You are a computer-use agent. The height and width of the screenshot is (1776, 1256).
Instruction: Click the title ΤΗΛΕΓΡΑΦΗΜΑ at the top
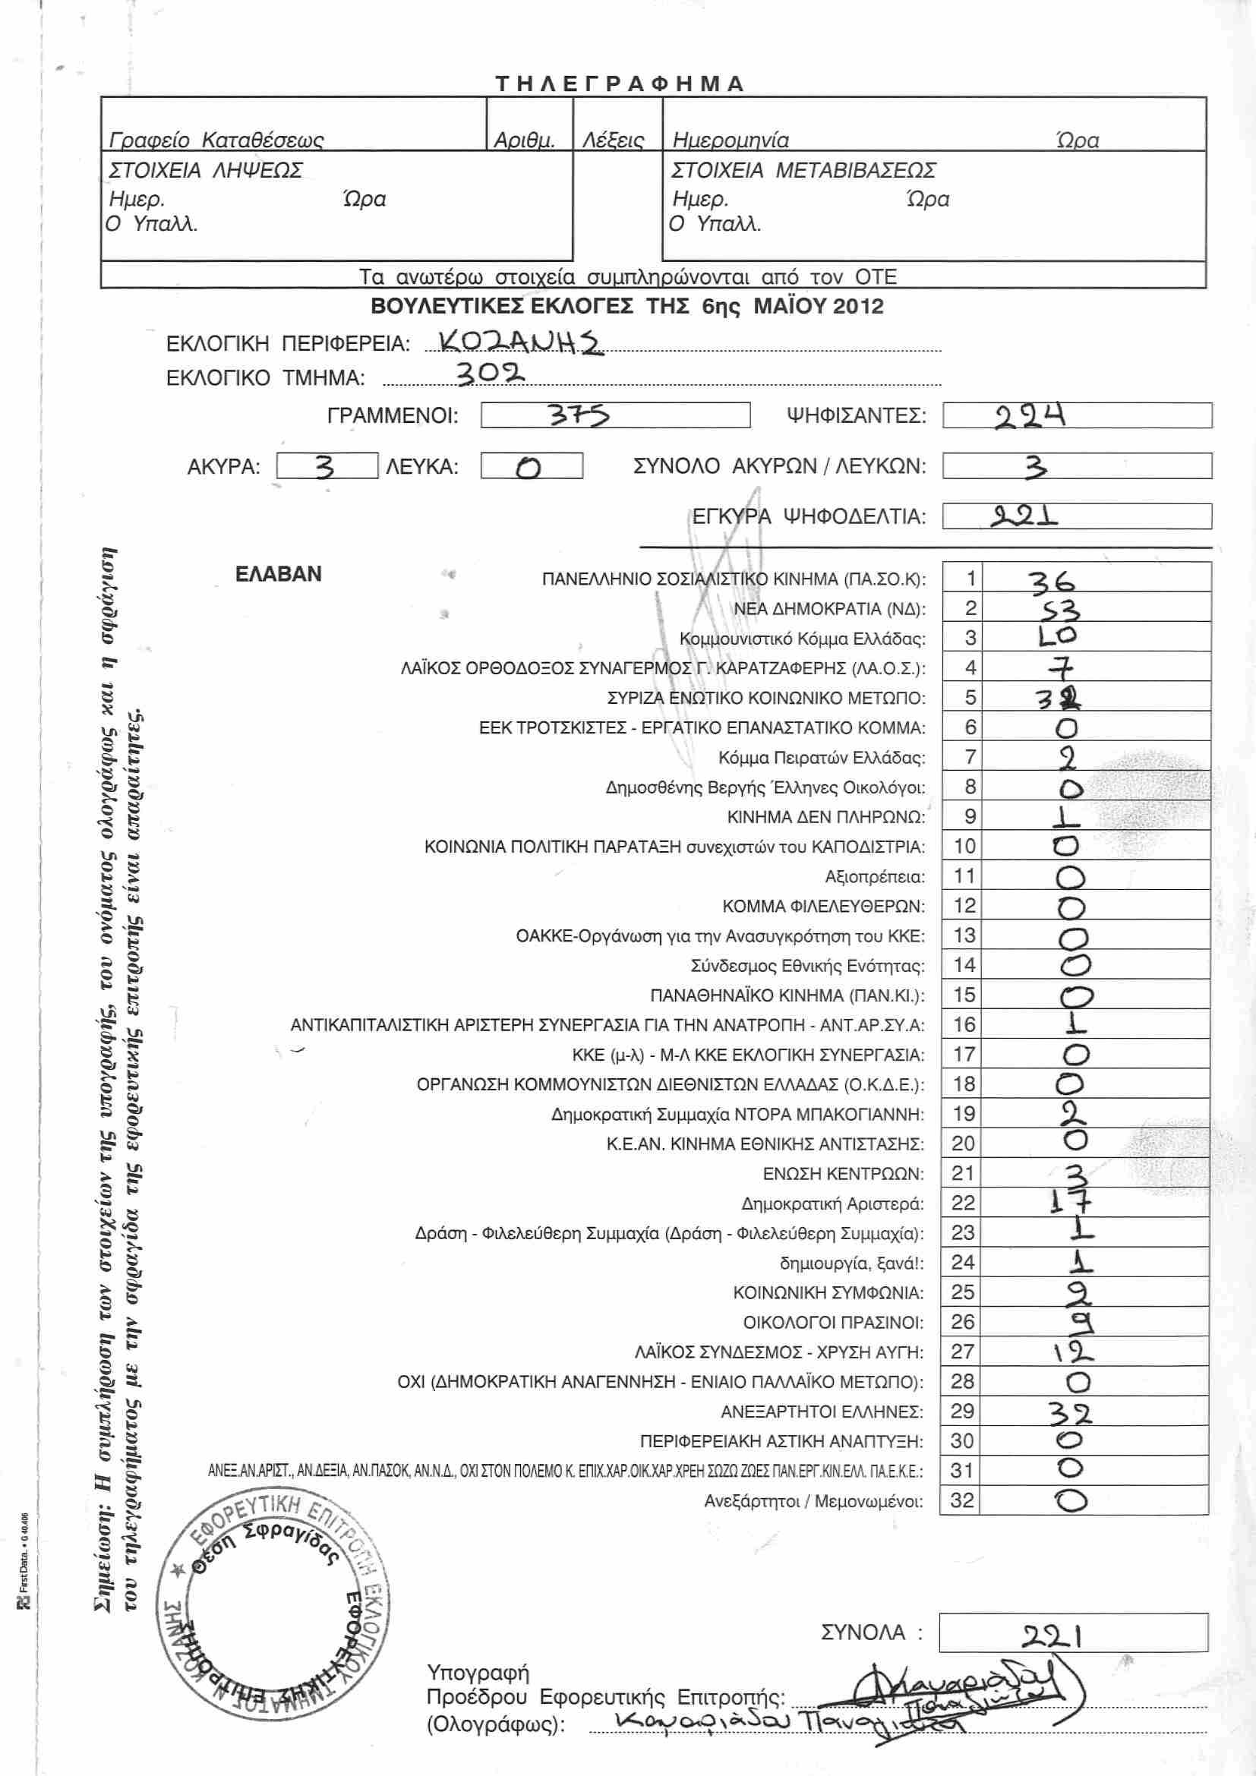tap(620, 84)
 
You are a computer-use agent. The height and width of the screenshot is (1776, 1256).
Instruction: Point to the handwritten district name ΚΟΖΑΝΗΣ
tap(519, 341)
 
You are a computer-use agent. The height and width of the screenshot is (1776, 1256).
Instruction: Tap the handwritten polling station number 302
tap(490, 374)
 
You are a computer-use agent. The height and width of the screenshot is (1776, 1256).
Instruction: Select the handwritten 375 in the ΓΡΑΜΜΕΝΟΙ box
tap(579, 415)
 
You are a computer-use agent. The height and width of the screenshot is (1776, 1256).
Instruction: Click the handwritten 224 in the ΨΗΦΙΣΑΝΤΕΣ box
tap(1030, 416)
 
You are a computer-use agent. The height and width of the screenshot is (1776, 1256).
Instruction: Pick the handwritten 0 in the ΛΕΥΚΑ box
tap(529, 467)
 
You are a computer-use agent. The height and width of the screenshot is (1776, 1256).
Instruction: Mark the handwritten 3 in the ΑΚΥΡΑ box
tap(324, 466)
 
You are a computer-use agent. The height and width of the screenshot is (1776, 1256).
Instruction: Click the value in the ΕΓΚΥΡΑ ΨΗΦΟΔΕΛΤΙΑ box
tap(1024, 516)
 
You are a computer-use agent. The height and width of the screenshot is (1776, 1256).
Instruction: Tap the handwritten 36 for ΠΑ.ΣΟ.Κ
tap(1052, 581)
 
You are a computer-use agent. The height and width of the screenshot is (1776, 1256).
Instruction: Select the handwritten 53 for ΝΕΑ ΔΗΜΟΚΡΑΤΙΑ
tap(1059, 610)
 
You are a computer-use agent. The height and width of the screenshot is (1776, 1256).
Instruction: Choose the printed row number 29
tap(962, 1410)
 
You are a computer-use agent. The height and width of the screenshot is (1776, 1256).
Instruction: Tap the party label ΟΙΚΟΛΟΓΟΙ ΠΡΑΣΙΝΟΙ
tap(833, 1322)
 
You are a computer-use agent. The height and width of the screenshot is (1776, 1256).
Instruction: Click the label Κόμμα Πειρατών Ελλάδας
tap(822, 757)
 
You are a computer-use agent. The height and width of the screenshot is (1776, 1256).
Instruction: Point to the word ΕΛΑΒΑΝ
tap(279, 574)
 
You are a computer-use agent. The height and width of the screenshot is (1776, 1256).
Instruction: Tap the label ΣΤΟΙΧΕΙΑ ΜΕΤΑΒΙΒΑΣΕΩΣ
tap(803, 170)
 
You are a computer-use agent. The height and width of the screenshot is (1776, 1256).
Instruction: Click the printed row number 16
tap(964, 1024)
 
